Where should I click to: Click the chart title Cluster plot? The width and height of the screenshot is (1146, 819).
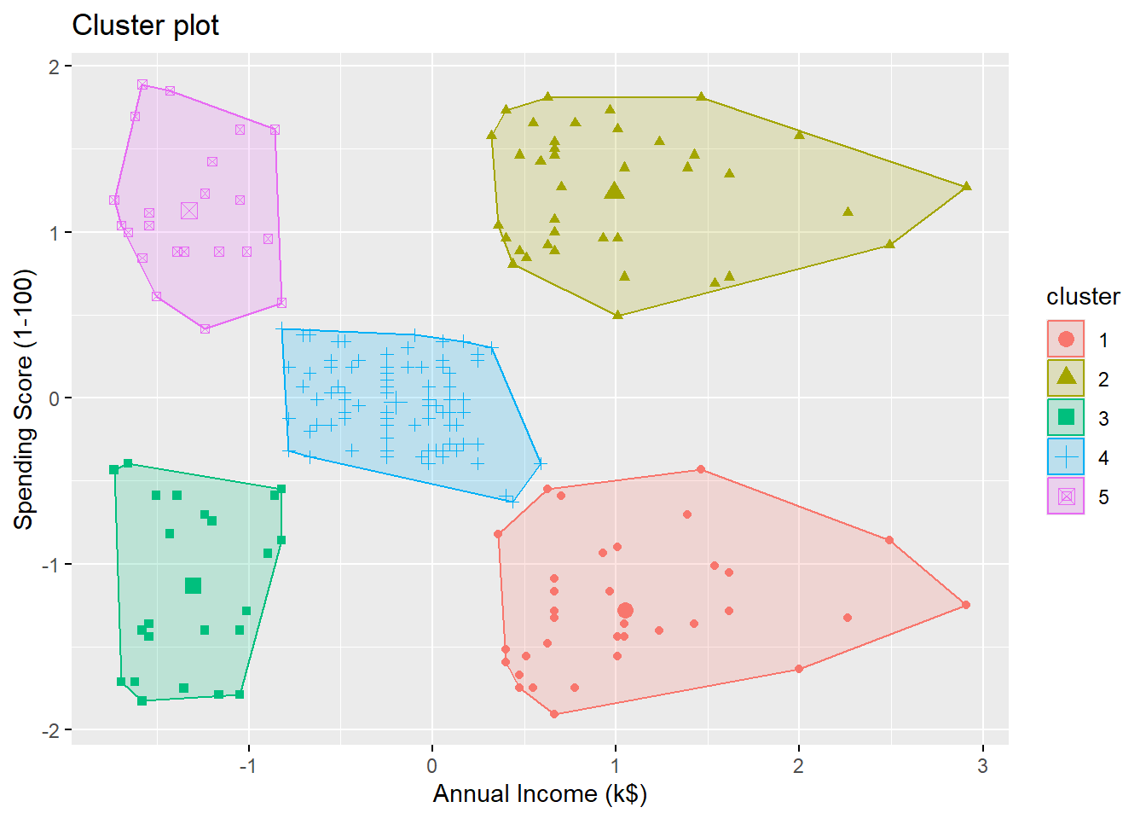click(x=145, y=26)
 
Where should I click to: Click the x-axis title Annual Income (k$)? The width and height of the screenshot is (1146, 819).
click(x=540, y=793)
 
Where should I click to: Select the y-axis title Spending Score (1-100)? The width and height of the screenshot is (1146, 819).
click(x=24, y=399)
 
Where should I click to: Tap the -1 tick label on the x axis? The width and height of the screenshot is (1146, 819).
click(x=247, y=766)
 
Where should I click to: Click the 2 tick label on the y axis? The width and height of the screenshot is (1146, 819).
click(x=54, y=67)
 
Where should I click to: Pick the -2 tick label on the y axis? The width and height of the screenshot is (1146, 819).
click(x=50, y=730)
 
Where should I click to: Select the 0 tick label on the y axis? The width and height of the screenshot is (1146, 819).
click(x=54, y=398)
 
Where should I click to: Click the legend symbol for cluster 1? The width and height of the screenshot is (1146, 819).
click(x=1066, y=340)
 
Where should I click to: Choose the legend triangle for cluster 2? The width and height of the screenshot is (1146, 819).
click(x=1066, y=377)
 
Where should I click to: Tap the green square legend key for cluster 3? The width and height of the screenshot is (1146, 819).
click(x=1066, y=417)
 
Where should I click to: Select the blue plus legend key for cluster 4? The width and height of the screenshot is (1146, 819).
click(x=1066, y=457)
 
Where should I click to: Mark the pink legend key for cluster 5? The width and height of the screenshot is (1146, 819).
click(x=1066, y=497)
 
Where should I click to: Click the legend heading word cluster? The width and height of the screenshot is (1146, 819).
click(x=1083, y=297)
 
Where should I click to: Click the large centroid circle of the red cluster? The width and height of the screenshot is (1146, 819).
click(x=625, y=610)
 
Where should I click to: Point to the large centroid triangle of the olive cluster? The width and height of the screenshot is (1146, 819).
click(x=614, y=191)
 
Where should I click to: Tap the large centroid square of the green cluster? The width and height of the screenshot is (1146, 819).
click(x=193, y=585)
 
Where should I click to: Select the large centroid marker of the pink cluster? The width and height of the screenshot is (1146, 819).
click(x=189, y=210)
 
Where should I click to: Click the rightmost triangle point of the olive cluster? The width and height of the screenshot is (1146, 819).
click(x=966, y=186)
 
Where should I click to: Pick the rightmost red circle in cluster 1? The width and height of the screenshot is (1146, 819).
click(x=966, y=605)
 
